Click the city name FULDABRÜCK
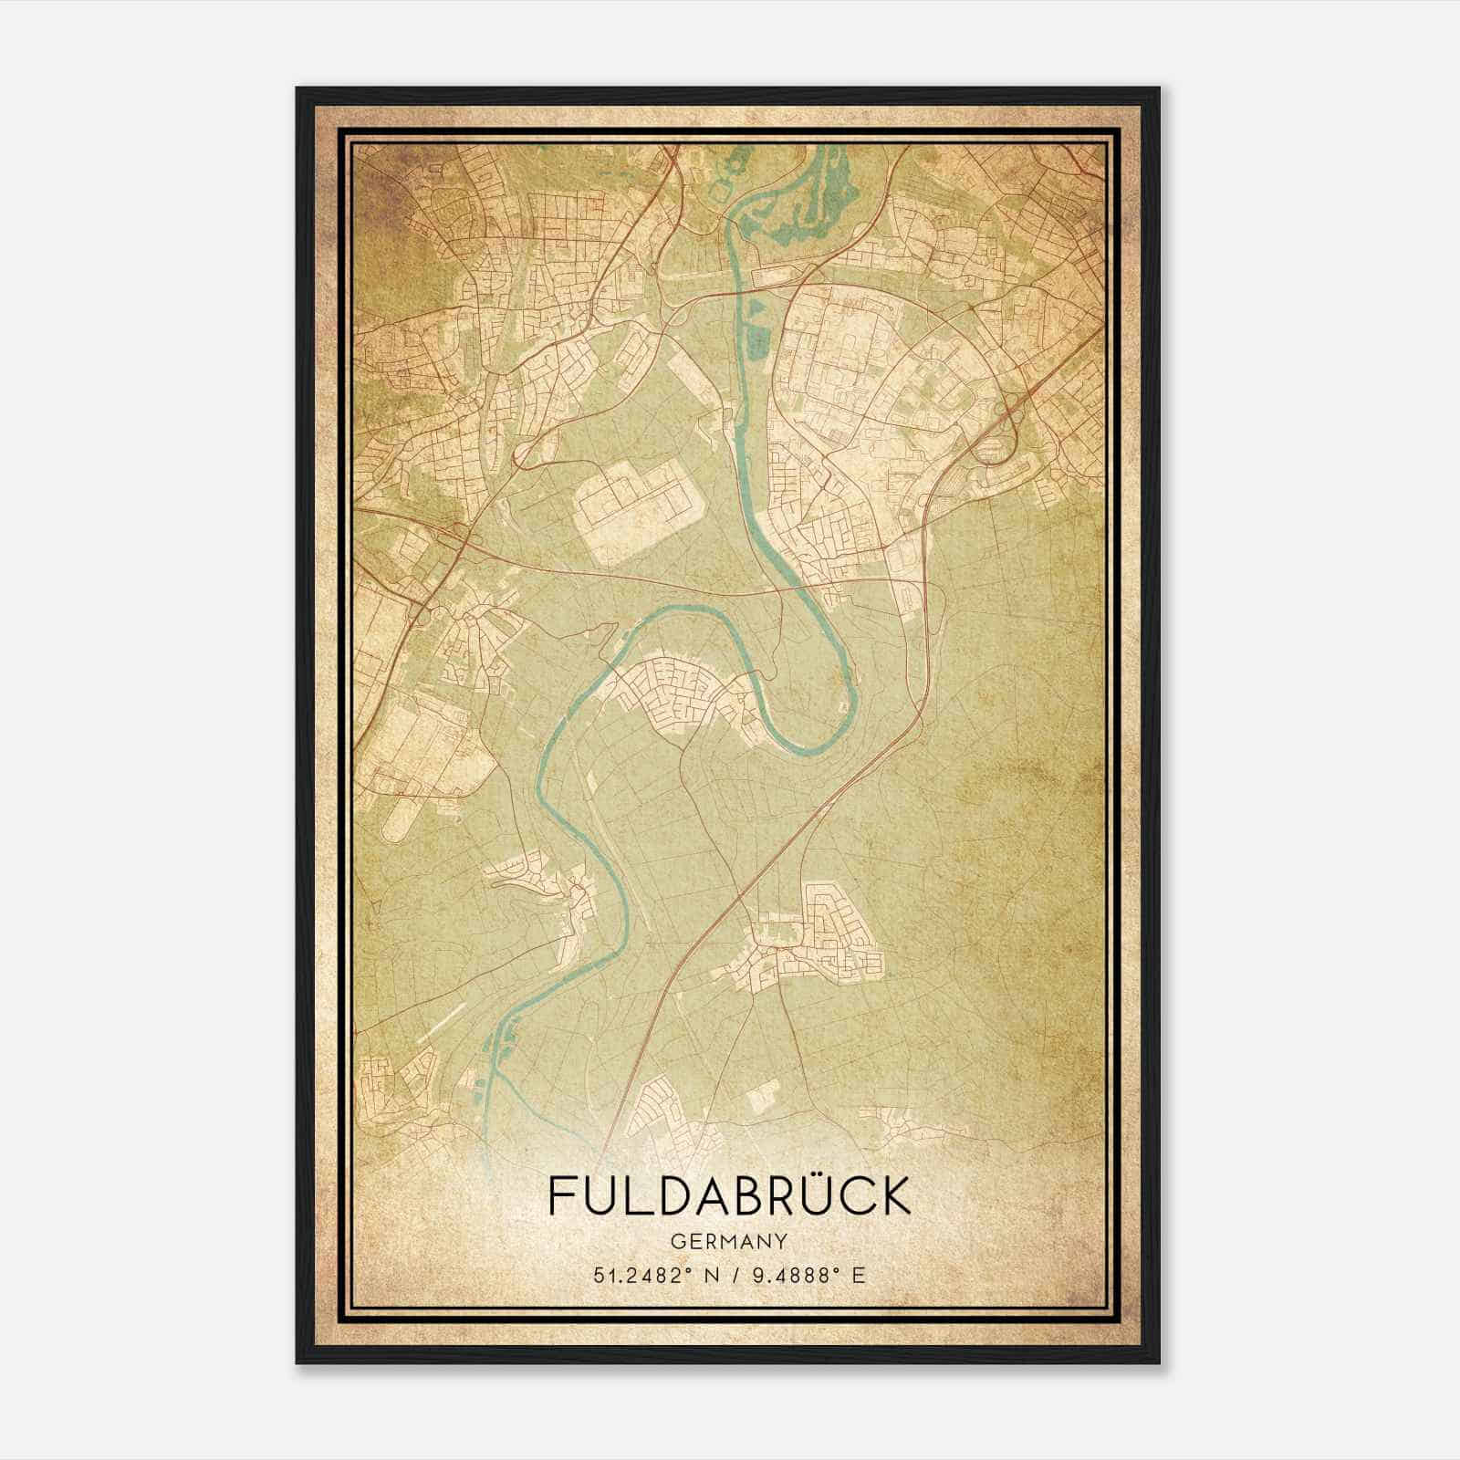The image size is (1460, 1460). point(730,1196)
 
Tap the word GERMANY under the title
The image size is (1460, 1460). point(730,1241)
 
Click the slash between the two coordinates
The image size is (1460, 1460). point(733,1275)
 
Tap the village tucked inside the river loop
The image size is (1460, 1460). point(680,698)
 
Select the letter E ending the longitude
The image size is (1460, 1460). point(857,1275)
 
